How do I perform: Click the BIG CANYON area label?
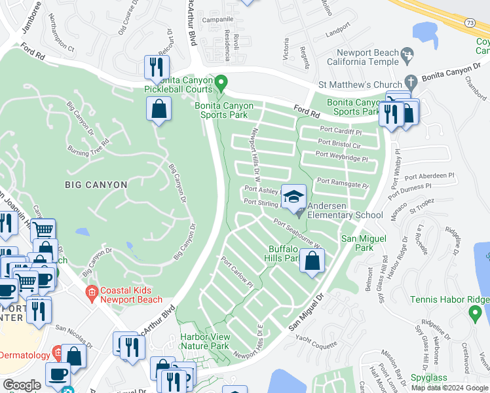pos(96,185)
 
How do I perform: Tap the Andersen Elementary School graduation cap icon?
pos(294,196)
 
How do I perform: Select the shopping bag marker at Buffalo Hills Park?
pos(313,261)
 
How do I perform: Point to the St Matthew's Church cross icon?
pos(411,83)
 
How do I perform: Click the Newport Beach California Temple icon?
pos(407,53)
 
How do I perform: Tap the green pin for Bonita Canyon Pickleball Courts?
pos(221,83)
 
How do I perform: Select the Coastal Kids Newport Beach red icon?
pos(92,292)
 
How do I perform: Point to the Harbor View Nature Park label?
pos(204,341)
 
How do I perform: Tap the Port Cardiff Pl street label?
pos(340,130)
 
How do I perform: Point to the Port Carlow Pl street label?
pos(236,275)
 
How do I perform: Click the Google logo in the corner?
pos(22,385)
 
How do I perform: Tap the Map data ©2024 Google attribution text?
pos(449,388)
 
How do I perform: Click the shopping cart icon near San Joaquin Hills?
pos(43,230)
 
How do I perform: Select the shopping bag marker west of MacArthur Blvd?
pos(159,109)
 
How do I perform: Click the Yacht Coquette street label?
pos(318,340)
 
